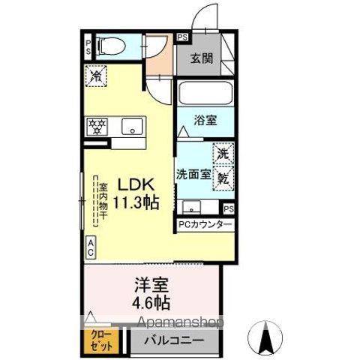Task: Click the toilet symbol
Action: (111, 46)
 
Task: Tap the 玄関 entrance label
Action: (202, 59)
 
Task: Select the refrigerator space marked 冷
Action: (96, 76)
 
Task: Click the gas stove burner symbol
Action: (97, 127)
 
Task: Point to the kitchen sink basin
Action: (132, 126)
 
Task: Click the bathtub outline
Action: (205, 92)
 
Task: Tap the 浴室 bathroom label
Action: (205, 121)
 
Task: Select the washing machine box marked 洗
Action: (223, 154)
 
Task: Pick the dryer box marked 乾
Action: (223, 178)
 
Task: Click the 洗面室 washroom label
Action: (193, 174)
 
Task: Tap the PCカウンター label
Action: (205, 224)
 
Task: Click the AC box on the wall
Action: (91, 247)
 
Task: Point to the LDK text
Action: (136, 185)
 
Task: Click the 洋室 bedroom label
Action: (151, 285)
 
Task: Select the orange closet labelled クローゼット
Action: (101, 343)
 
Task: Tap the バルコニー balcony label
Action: (174, 340)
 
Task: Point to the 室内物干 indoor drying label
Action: (103, 202)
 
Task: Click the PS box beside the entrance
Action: (183, 37)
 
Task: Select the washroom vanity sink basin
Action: (191, 207)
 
